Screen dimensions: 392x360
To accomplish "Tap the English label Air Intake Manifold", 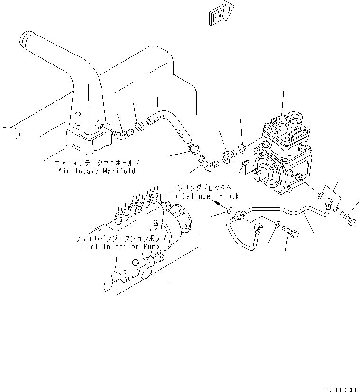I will [x=94, y=171].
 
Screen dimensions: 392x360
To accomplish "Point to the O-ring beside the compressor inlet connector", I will [x=242, y=149].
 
